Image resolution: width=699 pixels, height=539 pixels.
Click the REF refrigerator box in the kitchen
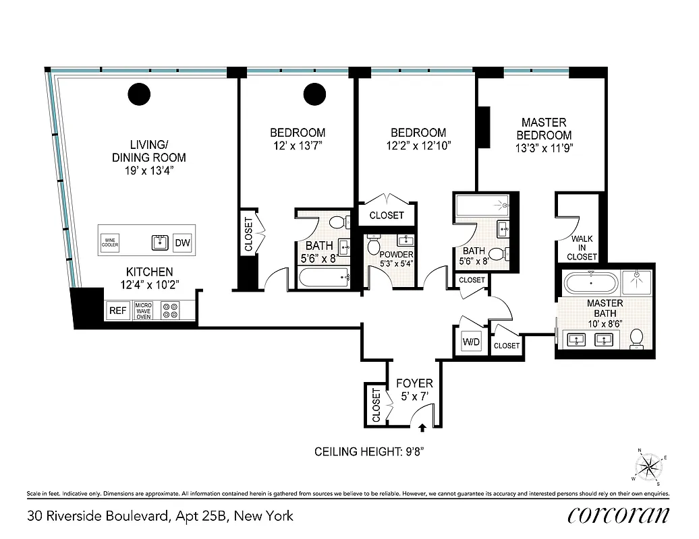click(117, 311)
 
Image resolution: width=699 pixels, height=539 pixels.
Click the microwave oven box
click(144, 311)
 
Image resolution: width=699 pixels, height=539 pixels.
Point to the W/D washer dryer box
click(471, 342)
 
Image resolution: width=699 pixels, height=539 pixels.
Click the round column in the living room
click(140, 94)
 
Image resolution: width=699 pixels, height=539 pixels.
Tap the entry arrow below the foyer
click(422, 426)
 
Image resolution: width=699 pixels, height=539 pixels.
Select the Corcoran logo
click(619, 515)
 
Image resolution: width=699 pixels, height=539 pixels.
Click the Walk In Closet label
click(582, 247)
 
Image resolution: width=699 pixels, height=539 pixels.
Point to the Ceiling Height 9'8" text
click(372, 451)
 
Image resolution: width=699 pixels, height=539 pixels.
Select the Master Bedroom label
click(544, 134)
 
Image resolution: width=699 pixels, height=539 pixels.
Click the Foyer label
click(414, 383)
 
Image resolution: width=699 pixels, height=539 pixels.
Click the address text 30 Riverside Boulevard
click(161, 516)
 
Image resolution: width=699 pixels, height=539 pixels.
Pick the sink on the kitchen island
click(159, 243)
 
